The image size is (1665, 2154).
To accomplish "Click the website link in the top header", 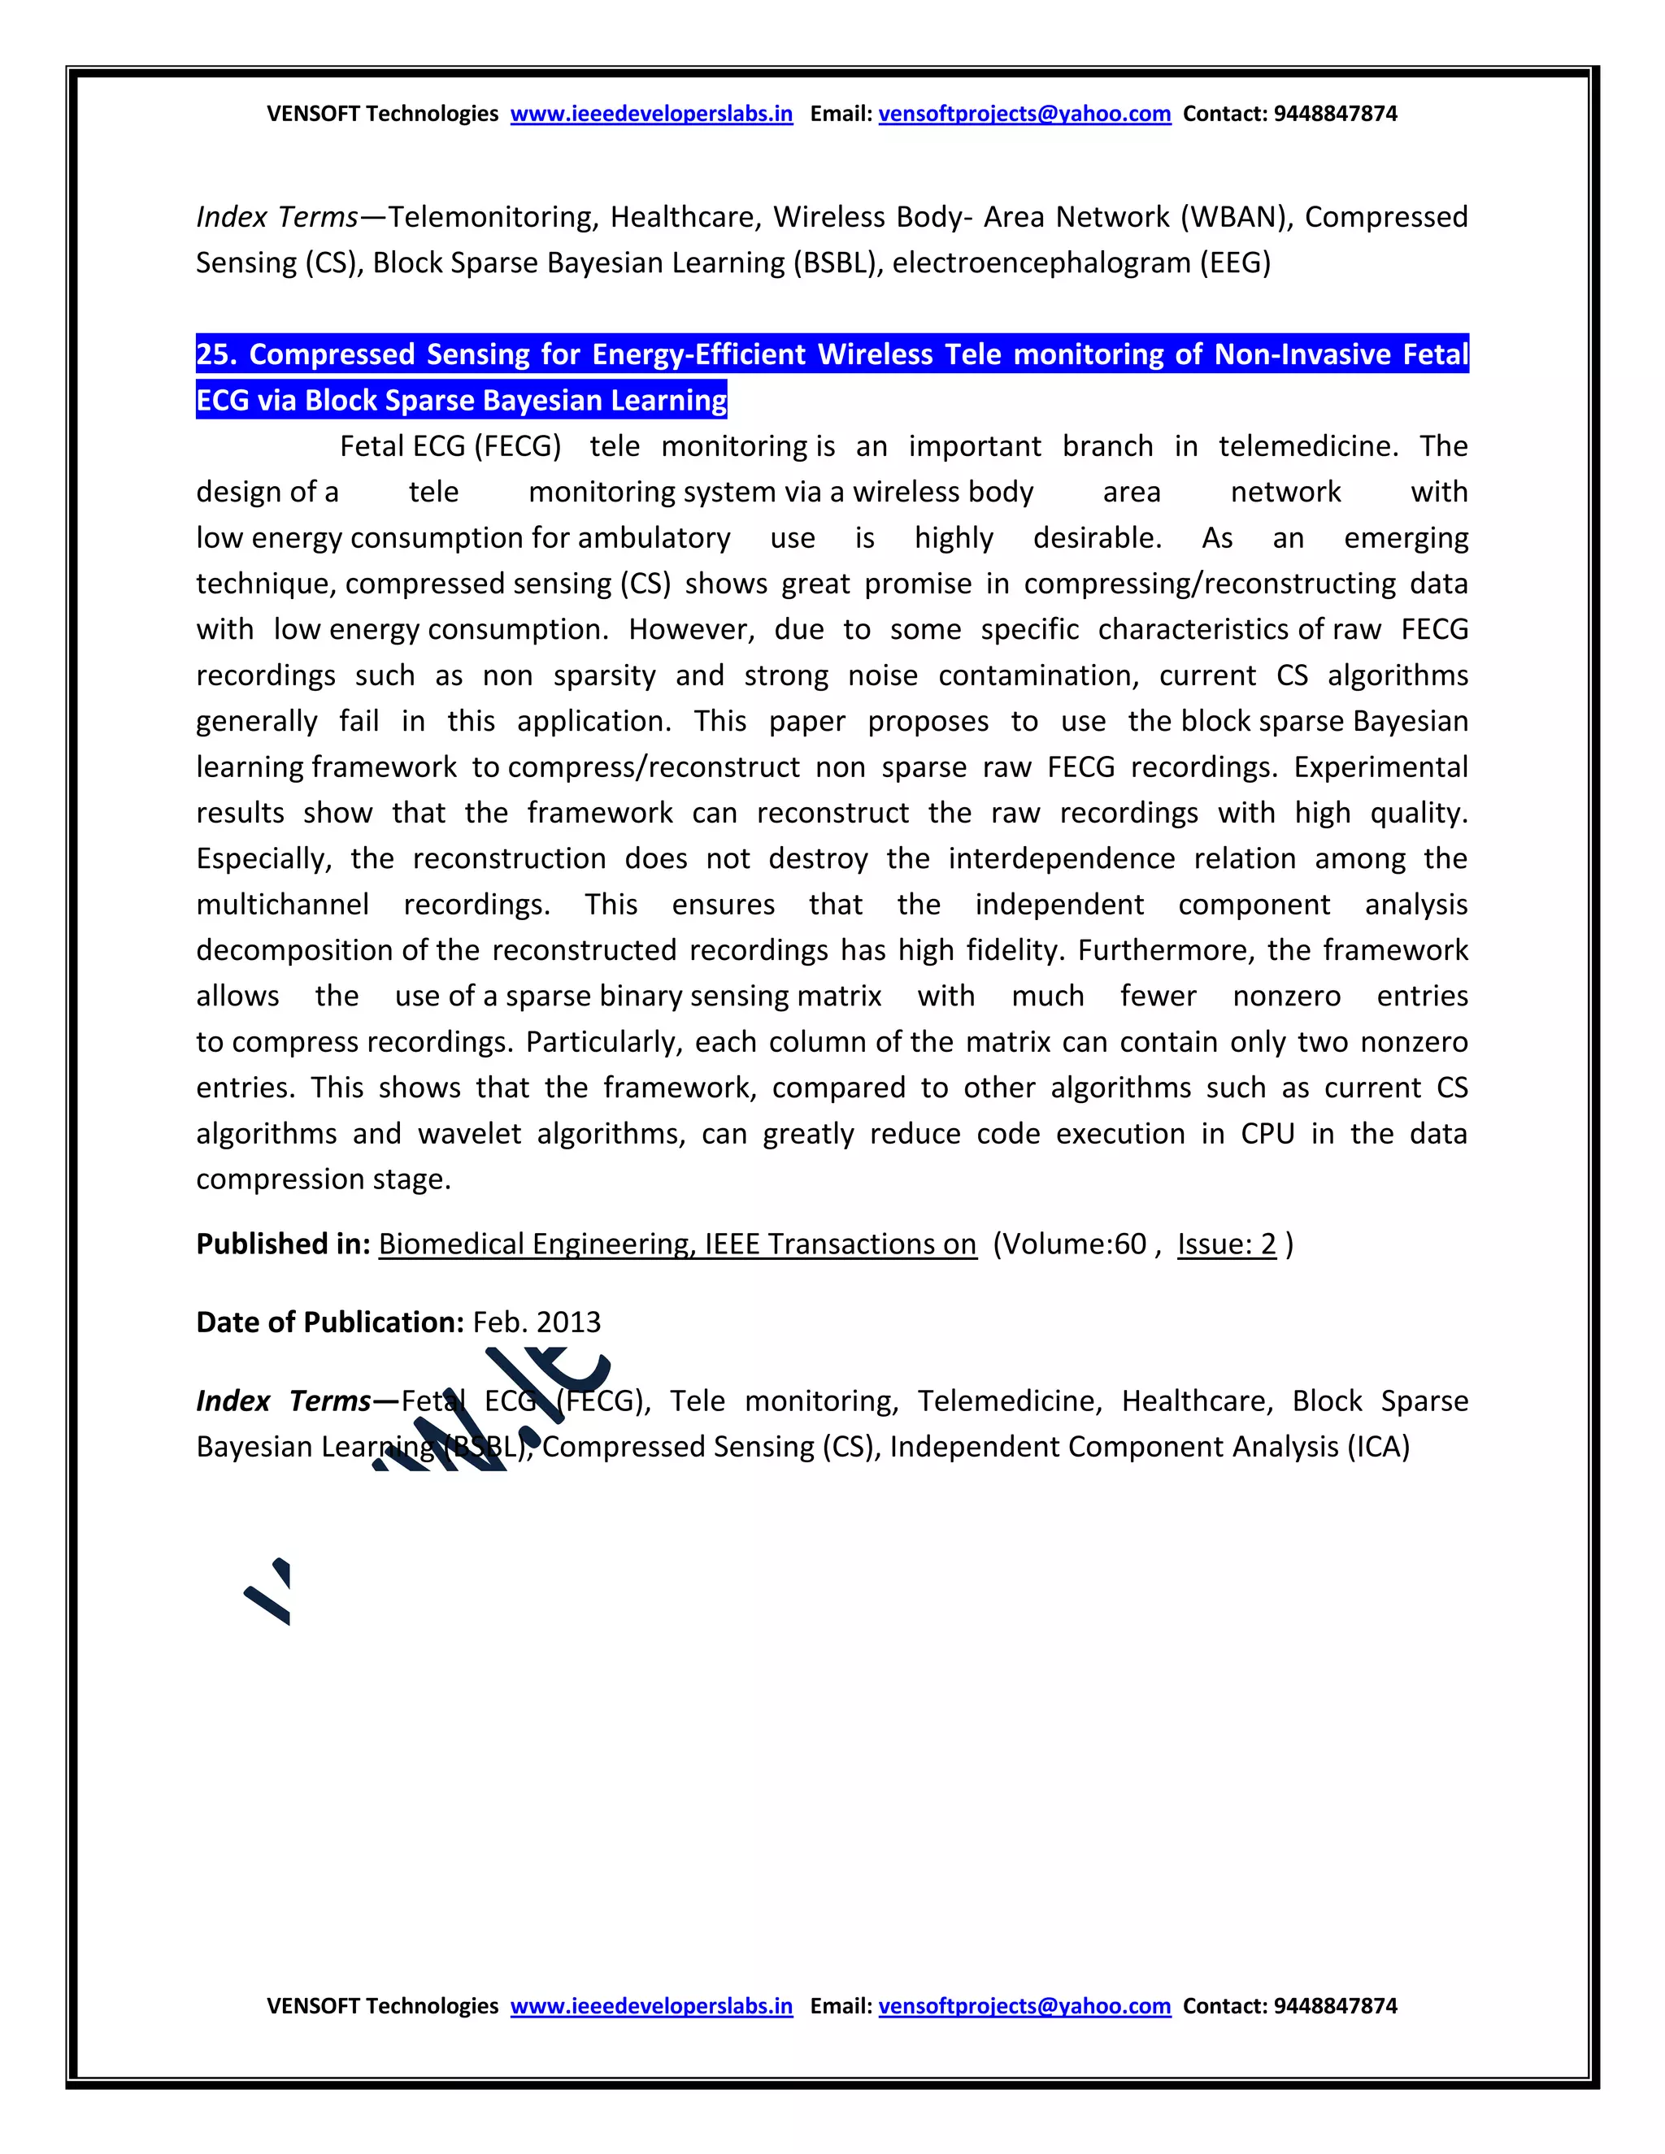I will [x=651, y=114].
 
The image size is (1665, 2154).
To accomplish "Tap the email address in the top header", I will [x=1024, y=114].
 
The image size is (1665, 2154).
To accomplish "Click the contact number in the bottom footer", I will [x=1335, y=2005].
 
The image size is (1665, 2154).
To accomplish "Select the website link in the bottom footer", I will [x=651, y=2005].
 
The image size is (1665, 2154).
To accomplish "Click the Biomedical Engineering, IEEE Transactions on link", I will [x=676, y=1244].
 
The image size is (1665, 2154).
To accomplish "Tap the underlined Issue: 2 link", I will [x=1226, y=1244].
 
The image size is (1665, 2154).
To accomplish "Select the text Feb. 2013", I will [x=537, y=1322].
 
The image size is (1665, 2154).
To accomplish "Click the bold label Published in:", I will [x=283, y=1244].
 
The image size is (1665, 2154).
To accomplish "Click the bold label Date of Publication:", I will [x=329, y=1322].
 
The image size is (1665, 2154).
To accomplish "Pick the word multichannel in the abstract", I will [x=283, y=905].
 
